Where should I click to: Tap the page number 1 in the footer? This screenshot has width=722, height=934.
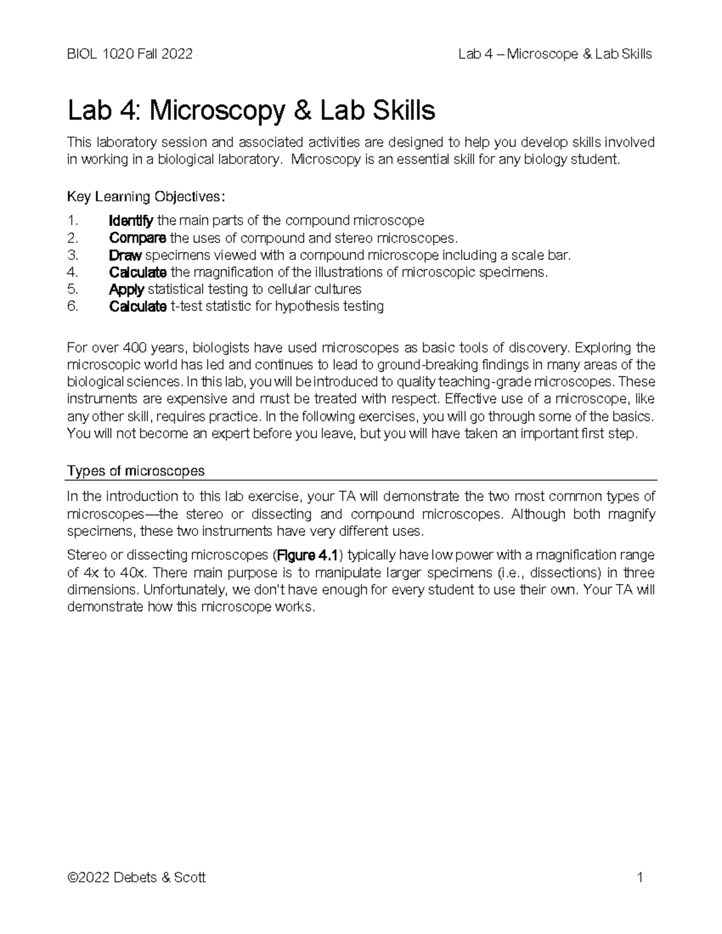point(640,877)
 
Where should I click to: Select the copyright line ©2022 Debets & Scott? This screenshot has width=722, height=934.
point(137,877)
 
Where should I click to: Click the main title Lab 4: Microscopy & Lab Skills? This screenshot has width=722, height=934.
point(251,111)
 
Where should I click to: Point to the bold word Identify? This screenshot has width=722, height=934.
point(131,221)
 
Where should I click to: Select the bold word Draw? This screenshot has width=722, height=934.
point(125,255)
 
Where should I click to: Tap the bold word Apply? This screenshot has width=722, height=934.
point(126,289)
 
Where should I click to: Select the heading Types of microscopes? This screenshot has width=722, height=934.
point(135,470)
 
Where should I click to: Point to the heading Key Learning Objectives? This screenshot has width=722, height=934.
point(147,197)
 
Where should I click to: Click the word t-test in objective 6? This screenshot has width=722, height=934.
point(186,306)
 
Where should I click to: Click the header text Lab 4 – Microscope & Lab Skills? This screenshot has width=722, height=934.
point(555,54)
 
